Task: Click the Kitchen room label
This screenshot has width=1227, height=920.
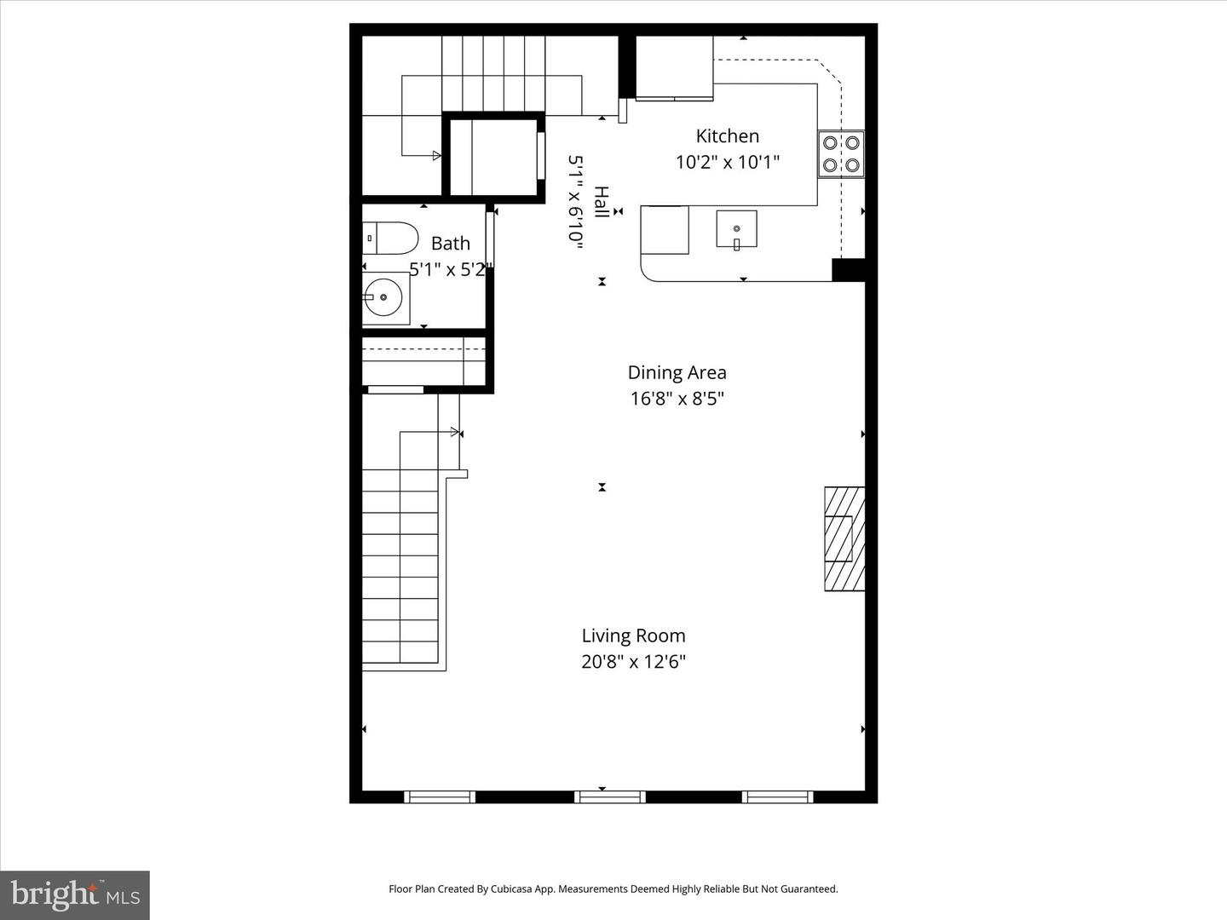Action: tap(727, 135)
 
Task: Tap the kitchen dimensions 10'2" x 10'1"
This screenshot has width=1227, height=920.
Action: tap(727, 162)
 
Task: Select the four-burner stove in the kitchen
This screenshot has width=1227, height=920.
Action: tap(840, 154)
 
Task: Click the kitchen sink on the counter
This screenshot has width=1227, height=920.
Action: tap(736, 228)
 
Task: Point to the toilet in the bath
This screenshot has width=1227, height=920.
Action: tap(389, 239)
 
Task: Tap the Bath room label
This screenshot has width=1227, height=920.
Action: tap(450, 244)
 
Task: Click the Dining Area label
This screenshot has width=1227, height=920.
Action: tap(677, 372)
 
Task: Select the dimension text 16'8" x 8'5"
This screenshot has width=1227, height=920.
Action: tap(677, 399)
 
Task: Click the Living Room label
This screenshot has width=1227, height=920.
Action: tap(633, 635)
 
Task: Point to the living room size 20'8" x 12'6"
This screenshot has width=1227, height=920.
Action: tap(633, 662)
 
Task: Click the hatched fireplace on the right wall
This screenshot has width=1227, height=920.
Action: tap(844, 538)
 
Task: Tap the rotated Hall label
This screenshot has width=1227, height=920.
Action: tap(601, 203)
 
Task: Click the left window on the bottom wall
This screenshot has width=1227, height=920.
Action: tap(440, 797)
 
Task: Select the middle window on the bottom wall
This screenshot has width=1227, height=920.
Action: tap(609, 797)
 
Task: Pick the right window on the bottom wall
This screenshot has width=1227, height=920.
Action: tap(777, 797)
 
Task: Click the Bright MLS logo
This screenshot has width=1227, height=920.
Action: tap(75, 894)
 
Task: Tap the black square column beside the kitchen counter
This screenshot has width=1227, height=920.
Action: tap(848, 269)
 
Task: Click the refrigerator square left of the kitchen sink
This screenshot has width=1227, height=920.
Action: tap(665, 230)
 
